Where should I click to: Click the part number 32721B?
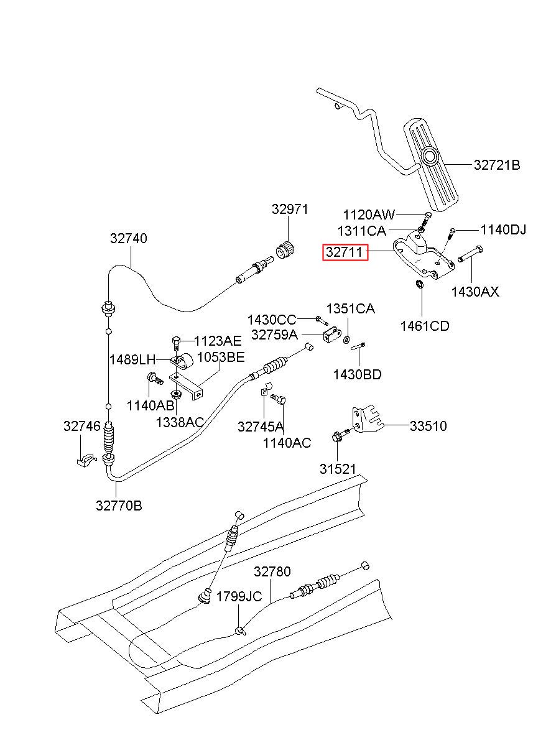[496, 165]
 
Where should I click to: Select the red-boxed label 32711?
[345, 252]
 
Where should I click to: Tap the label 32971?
[290, 210]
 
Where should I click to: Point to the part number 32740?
[128, 238]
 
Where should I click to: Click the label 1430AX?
[475, 292]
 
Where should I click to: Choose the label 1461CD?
[425, 326]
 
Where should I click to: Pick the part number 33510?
[428, 427]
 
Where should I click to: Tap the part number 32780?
[272, 571]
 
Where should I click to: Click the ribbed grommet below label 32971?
[285, 250]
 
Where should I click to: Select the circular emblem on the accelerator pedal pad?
[430, 156]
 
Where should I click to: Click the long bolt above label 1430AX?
[470, 254]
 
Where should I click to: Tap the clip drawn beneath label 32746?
[86, 459]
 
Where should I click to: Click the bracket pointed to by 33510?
[367, 419]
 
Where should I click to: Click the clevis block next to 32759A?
[332, 335]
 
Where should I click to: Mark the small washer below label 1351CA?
[346, 339]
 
